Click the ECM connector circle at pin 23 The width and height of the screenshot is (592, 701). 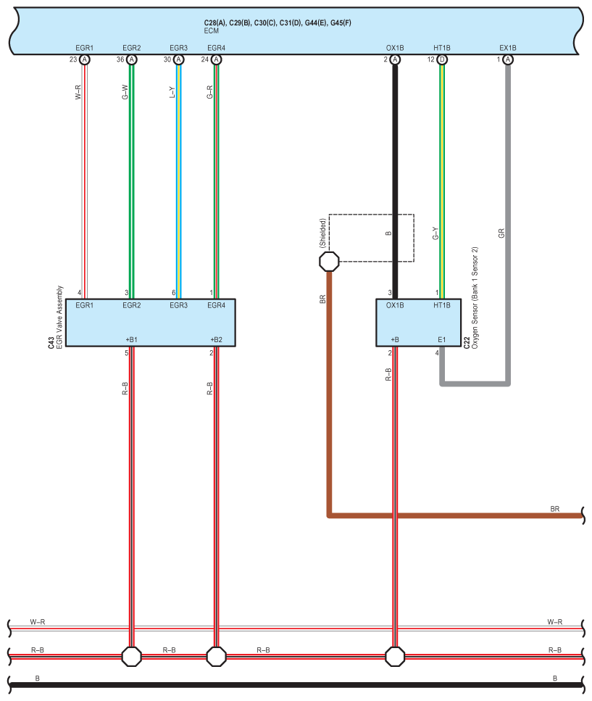pyautogui.click(x=85, y=59)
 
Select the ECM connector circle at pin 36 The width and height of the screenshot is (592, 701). pyautogui.click(x=131, y=59)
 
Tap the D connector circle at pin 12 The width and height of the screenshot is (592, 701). pyautogui.click(x=442, y=59)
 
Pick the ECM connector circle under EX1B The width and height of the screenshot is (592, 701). pyautogui.click(x=508, y=59)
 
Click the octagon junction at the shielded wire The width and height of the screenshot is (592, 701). pyautogui.click(x=330, y=261)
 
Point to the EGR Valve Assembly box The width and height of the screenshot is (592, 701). pyautogui.click(x=150, y=322)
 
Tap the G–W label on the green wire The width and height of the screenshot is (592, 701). pyautogui.click(x=125, y=92)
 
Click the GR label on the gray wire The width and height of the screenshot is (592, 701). pyautogui.click(x=501, y=233)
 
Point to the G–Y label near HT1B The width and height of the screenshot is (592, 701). pyautogui.click(x=435, y=233)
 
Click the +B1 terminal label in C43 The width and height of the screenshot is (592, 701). pyautogui.click(x=131, y=339)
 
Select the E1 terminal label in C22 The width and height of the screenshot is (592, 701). pyautogui.click(x=441, y=339)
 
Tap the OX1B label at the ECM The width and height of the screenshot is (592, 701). pyautogui.click(x=395, y=48)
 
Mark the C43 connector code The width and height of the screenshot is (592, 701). pyautogui.click(x=51, y=341)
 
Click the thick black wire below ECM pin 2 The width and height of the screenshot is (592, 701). pyautogui.click(x=395, y=181)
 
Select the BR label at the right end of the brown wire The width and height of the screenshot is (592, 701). pyautogui.click(x=555, y=509)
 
